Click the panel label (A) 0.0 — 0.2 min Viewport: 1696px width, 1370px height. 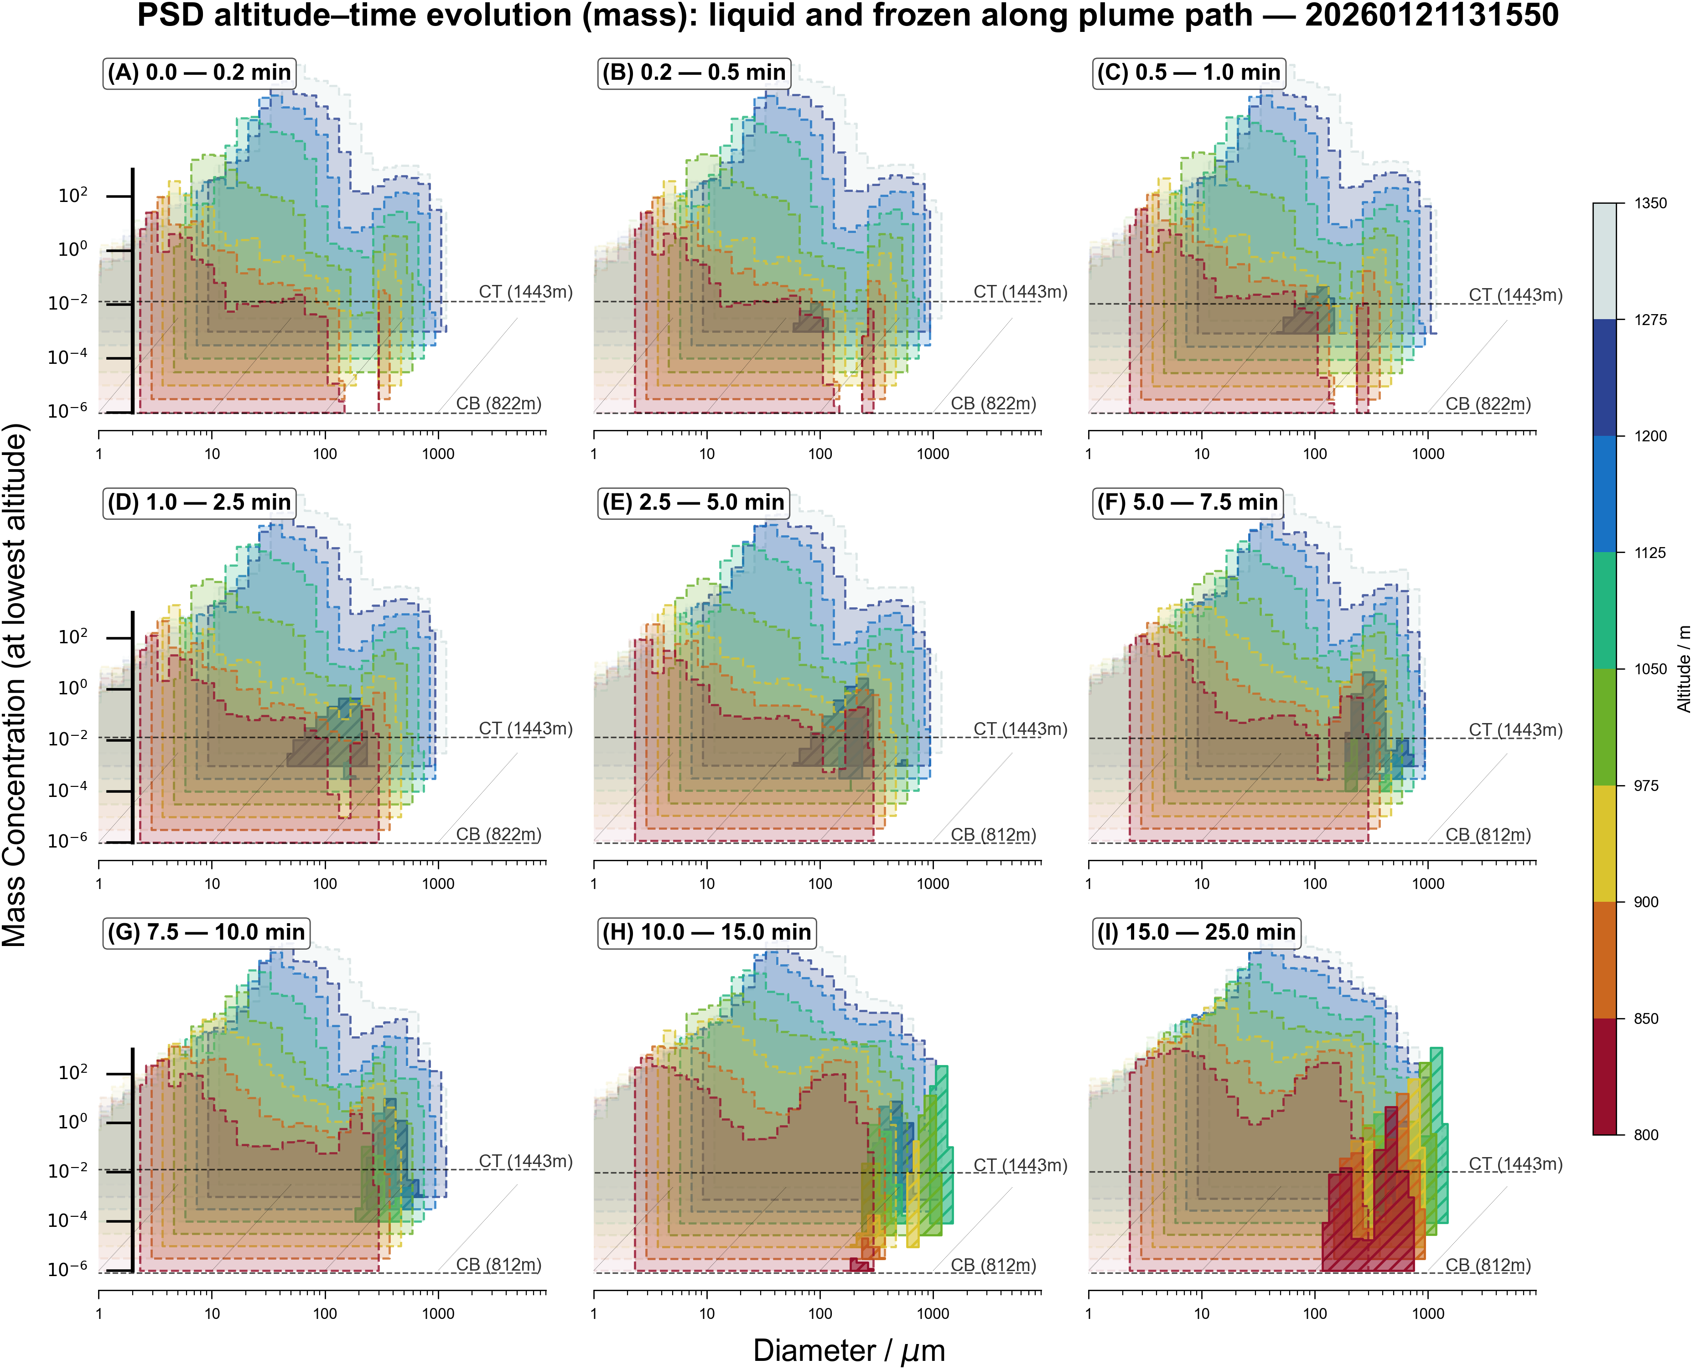(199, 72)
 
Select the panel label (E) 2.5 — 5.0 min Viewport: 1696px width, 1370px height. (693, 503)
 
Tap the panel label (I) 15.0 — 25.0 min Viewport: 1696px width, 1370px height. (1196, 932)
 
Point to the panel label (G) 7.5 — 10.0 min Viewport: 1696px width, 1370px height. (206, 932)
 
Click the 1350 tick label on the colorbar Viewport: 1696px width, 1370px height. (1650, 204)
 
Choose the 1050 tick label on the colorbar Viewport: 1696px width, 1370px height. (1650, 669)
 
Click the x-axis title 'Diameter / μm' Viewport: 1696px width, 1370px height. (848, 1350)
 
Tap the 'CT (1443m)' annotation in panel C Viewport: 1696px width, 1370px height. (1515, 295)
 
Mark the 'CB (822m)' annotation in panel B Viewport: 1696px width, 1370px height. (993, 404)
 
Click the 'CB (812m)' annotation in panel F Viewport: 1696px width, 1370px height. (1488, 835)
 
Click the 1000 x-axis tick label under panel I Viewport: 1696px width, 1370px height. (1428, 1314)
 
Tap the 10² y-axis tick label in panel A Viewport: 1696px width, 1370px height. (73, 195)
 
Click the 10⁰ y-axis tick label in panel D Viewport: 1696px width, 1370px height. (73, 688)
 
